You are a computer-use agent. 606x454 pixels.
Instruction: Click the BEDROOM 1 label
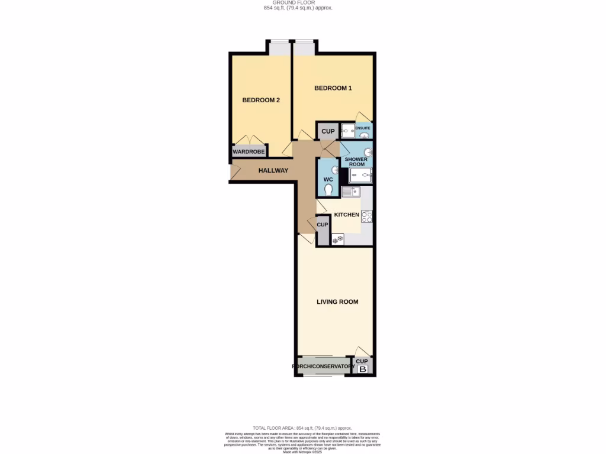tap(333, 88)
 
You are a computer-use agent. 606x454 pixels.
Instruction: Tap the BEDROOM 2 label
tap(261, 100)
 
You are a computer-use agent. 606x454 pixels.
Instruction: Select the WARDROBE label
tap(249, 152)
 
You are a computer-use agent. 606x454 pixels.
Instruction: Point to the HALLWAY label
tap(273, 171)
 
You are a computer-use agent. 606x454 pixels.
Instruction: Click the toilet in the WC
tap(328, 189)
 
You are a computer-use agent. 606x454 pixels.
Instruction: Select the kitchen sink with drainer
tap(351, 192)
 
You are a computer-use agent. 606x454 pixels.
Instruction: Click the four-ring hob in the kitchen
tap(367, 217)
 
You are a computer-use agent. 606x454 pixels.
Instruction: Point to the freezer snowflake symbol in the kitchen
tap(338, 239)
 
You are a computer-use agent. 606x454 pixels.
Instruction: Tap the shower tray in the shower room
tap(360, 174)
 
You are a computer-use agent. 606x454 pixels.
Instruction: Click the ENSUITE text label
tap(363, 128)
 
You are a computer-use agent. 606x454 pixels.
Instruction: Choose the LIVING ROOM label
tap(337, 302)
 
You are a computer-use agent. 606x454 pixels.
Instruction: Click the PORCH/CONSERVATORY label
tap(323, 367)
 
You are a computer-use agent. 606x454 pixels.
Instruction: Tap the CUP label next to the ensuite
tap(328, 131)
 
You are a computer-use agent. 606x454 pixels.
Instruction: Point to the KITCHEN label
tap(347, 215)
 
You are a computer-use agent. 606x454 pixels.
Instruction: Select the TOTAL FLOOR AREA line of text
tap(302, 428)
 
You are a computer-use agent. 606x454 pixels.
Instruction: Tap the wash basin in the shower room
tap(367, 153)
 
